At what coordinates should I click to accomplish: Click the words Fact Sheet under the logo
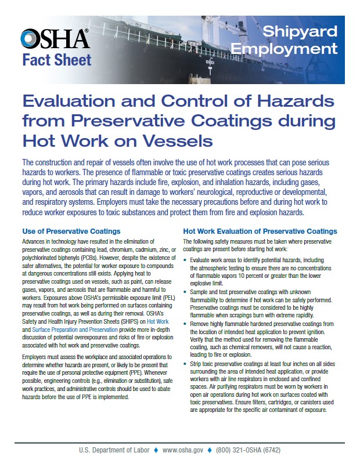click(57, 59)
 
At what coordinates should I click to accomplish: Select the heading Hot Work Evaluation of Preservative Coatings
click(260, 231)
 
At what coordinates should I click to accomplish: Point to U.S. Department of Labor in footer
click(114, 451)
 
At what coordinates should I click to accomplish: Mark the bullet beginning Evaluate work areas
click(186, 262)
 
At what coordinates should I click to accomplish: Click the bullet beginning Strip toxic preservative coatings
click(186, 363)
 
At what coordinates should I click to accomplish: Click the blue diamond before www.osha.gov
click(156, 451)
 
